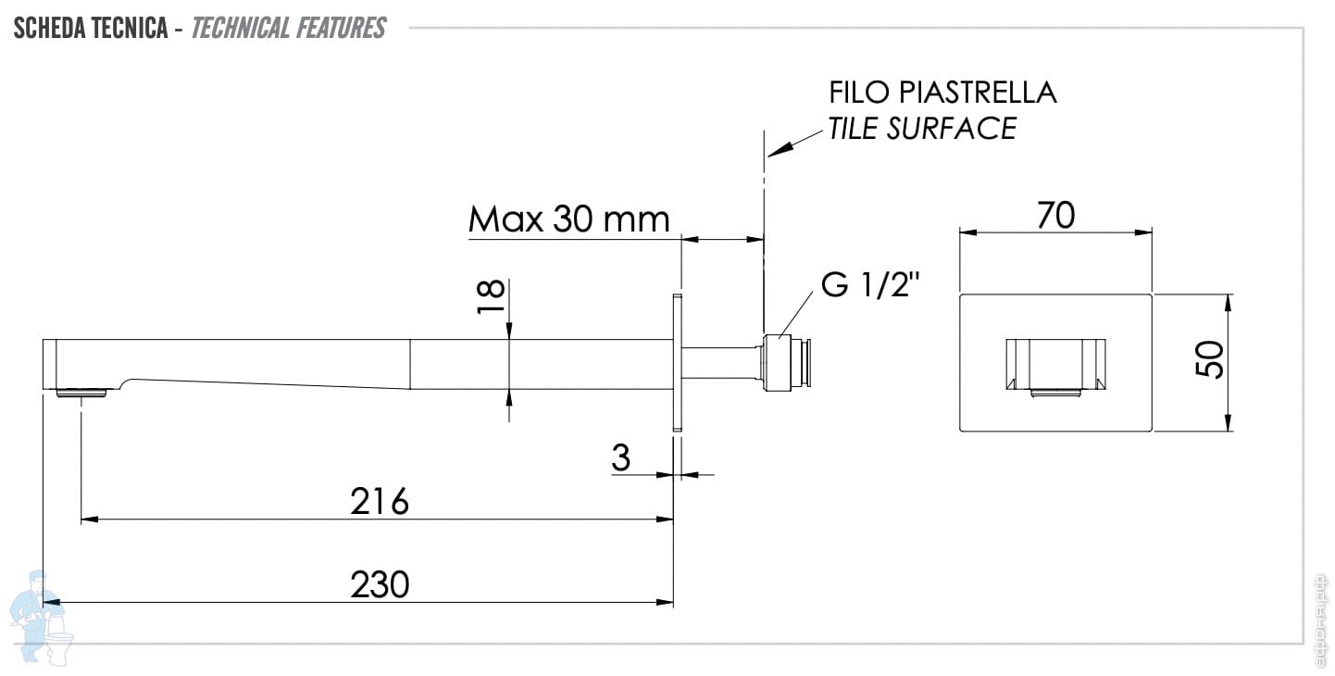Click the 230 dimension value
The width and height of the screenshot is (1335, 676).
pyautogui.click(x=380, y=585)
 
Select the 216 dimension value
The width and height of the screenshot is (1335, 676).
pyautogui.click(x=380, y=502)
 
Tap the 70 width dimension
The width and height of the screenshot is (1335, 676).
pyautogui.click(x=1055, y=216)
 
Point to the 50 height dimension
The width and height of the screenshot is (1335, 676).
pyautogui.click(x=1210, y=360)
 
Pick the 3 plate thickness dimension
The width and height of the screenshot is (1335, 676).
pyautogui.click(x=621, y=458)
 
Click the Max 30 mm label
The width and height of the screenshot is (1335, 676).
pyautogui.click(x=568, y=220)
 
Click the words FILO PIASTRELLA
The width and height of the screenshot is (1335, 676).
pyautogui.click(x=942, y=93)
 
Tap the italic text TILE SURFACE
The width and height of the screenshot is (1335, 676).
pyautogui.click(x=922, y=128)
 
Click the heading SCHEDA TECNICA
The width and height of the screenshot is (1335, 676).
pyautogui.click(x=90, y=29)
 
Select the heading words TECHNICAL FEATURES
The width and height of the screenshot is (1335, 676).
pyautogui.click(x=288, y=29)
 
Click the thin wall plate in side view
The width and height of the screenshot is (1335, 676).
pyautogui.click(x=677, y=363)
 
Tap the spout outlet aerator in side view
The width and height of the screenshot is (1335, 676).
pyautogui.click(x=82, y=393)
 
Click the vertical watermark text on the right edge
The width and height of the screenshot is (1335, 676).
pyautogui.click(x=1322, y=611)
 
